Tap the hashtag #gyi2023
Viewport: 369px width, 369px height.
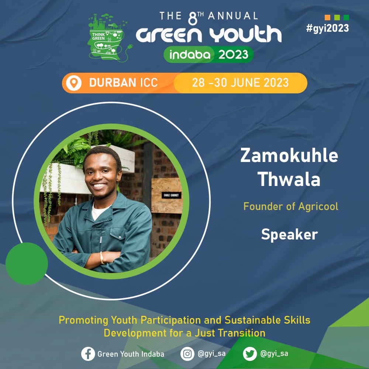(327, 28)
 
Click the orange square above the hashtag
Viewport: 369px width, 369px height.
(327, 17)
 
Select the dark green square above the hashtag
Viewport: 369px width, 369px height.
(346, 17)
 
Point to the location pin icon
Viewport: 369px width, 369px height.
(74, 83)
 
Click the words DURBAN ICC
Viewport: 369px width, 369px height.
(123, 83)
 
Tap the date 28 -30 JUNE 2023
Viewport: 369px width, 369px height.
(240, 83)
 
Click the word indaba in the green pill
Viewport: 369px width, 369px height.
(190, 55)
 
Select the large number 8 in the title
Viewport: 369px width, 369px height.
(193, 18)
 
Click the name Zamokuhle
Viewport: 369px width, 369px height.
(289, 156)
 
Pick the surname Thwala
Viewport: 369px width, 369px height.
(289, 179)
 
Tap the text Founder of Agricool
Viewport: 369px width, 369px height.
(291, 206)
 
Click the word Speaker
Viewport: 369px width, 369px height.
(289, 235)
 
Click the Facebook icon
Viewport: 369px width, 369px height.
(88, 354)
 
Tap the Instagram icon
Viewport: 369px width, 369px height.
(187, 354)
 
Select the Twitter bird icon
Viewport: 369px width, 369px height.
(250, 354)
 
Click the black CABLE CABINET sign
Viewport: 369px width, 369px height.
(171, 195)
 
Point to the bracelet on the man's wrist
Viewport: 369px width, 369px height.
(102, 258)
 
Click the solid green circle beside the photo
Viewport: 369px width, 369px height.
(27, 263)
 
